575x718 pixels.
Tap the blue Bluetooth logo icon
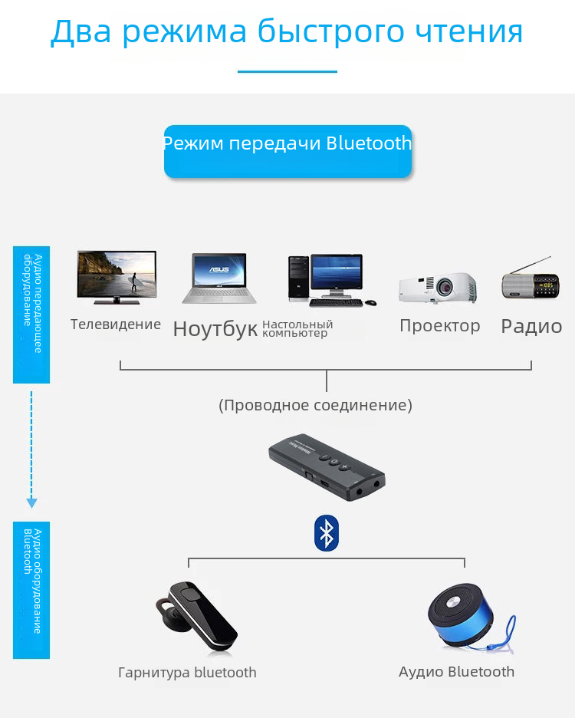(327, 532)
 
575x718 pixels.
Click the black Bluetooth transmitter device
(327, 467)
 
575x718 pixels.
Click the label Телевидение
(116, 324)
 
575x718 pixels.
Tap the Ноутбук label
(215, 329)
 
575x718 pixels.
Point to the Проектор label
(439, 326)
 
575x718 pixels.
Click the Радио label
(531, 327)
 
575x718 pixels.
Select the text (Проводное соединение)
(315, 405)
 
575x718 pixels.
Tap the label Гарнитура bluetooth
(187, 673)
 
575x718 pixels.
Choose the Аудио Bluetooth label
(456, 672)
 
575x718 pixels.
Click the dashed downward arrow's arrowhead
(31, 503)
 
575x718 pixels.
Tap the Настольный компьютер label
(297, 329)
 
